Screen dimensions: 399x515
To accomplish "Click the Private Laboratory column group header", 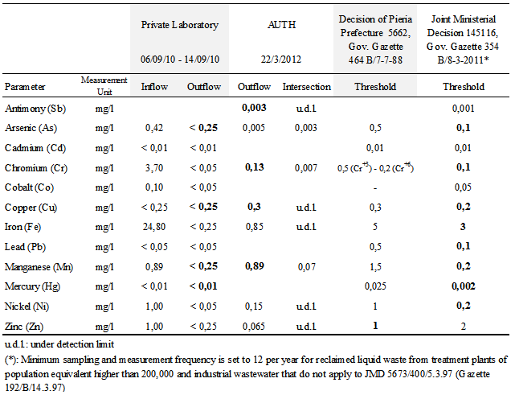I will (x=180, y=25).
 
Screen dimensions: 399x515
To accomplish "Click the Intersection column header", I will (x=306, y=87).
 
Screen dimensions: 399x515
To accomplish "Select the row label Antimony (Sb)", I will (x=38, y=109).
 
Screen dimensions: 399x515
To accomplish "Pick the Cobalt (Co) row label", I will (x=33, y=187).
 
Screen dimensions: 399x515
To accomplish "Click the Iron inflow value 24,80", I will (x=154, y=226).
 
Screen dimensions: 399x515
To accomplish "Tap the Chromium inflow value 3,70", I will (x=154, y=167).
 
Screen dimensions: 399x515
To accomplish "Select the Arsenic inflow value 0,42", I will (x=154, y=128).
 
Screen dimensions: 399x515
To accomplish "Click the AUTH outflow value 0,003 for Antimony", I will (x=254, y=109).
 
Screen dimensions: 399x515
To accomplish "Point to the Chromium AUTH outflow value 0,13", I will (x=254, y=167).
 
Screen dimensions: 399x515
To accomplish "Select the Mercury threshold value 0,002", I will (x=464, y=285).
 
